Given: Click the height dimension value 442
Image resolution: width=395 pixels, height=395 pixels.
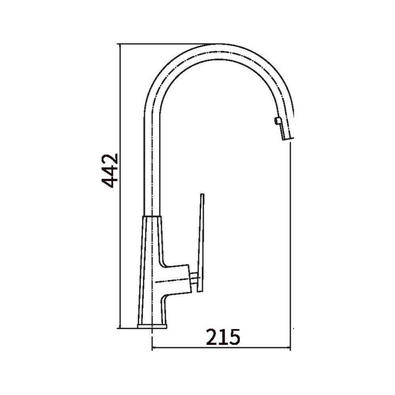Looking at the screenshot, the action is pos(110,171).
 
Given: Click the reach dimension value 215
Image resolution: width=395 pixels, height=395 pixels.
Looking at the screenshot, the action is pos(223,337).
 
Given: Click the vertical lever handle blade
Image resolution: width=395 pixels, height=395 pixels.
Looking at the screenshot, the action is pos(201,243).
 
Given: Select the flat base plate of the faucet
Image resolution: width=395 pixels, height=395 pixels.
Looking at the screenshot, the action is pos(152,326).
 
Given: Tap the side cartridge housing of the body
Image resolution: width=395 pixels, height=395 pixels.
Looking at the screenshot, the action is pos(176,280).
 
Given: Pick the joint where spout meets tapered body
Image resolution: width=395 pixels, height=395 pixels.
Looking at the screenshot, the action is pos(152,216).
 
